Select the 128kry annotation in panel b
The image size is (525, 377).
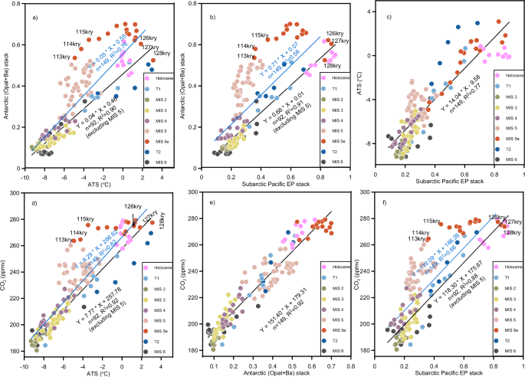pyautogui.click(x=332, y=65)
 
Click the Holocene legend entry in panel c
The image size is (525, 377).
pyautogui.click(x=506, y=74)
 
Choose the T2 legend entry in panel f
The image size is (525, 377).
pyautogui.click(x=508, y=338)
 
